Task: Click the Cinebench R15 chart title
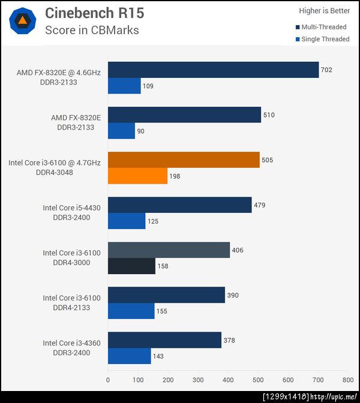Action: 95,13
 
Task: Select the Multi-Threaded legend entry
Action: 322,27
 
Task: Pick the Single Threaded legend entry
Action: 322,39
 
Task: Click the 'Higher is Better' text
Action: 324,10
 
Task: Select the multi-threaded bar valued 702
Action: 213,70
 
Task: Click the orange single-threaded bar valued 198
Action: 137,176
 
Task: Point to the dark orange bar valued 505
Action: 184,160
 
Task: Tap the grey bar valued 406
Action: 169,250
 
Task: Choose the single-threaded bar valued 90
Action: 121,131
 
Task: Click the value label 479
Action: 260,205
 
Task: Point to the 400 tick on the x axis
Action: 228,380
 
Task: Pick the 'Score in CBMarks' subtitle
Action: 92,30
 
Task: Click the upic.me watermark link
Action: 334,396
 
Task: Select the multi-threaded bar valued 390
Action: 166,295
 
